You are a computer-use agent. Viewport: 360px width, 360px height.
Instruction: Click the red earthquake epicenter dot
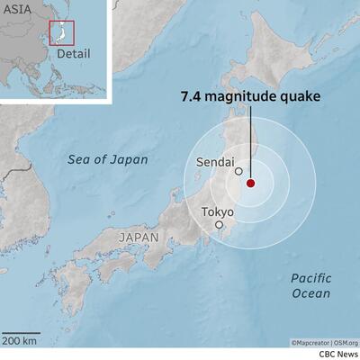click(250, 183)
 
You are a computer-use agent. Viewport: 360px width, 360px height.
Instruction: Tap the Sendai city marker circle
click(238, 171)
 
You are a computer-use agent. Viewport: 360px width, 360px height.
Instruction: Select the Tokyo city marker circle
click(219, 225)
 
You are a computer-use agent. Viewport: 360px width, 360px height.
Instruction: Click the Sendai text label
click(214, 162)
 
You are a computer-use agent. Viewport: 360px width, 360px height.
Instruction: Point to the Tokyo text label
click(217, 211)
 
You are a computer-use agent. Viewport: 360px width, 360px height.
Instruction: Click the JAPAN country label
click(138, 238)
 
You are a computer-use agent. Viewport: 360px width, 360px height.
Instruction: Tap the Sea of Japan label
click(109, 159)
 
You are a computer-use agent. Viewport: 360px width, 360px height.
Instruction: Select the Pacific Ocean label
click(311, 285)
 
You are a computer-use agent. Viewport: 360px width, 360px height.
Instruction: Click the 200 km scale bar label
click(19, 339)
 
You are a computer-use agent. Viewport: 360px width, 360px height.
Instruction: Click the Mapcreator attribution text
click(310, 342)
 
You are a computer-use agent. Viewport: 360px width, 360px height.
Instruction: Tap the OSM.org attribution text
click(346, 342)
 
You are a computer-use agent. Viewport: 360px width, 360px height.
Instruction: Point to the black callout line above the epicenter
click(250, 144)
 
